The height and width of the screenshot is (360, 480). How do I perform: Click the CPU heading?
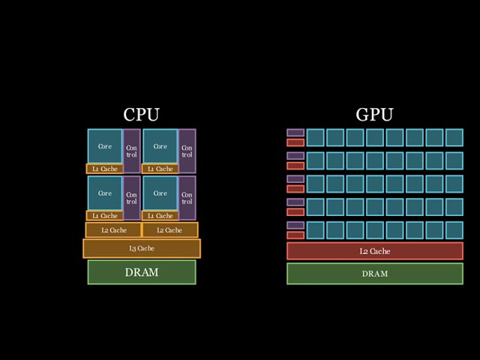point(141,115)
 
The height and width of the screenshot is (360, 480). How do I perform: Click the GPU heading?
point(374,115)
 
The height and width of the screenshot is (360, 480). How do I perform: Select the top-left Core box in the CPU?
point(105,146)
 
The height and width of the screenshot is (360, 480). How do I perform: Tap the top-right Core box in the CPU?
point(160,146)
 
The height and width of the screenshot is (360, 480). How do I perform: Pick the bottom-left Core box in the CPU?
point(105,193)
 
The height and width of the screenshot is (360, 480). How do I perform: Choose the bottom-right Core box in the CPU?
point(160,193)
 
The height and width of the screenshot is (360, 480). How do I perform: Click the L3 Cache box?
point(142,248)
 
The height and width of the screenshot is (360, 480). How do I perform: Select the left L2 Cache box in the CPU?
point(114,230)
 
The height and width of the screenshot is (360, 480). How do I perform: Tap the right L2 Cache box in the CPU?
point(169,230)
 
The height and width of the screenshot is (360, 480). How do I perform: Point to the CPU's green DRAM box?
point(142,272)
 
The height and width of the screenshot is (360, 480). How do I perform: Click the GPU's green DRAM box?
point(375,274)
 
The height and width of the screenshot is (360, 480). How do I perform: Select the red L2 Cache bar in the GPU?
point(375,251)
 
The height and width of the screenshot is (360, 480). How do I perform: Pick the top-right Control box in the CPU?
point(187,151)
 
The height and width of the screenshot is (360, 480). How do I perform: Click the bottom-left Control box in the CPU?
point(131,198)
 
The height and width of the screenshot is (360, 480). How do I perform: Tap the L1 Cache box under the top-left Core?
point(105,169)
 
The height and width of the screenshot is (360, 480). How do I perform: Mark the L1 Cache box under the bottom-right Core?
point(160,216)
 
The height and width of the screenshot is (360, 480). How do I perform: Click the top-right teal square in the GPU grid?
point(454,137)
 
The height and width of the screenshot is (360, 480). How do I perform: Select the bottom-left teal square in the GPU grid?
point(315,229)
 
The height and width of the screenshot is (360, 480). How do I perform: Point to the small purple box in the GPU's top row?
point(295,133)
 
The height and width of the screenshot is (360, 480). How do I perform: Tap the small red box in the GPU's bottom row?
point(295,235)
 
